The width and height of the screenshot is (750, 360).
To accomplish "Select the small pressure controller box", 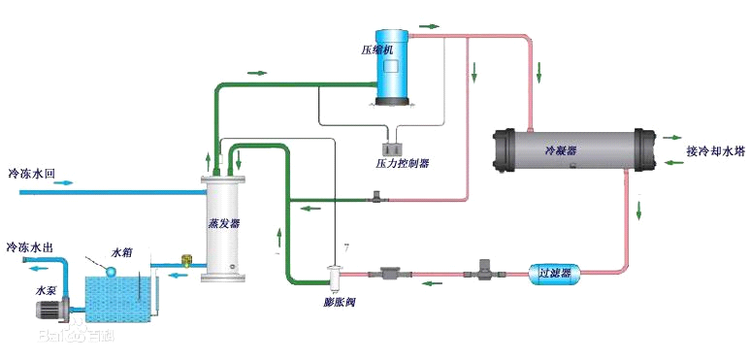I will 395,147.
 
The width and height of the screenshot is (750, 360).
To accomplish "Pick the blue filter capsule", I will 554,274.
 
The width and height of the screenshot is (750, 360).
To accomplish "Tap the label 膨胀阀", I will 340,302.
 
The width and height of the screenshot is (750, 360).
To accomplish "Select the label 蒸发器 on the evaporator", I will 224,222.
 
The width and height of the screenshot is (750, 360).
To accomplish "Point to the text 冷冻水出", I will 31,248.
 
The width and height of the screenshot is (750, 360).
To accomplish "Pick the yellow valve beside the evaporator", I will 186,261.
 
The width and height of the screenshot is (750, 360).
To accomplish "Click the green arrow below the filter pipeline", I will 429,285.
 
